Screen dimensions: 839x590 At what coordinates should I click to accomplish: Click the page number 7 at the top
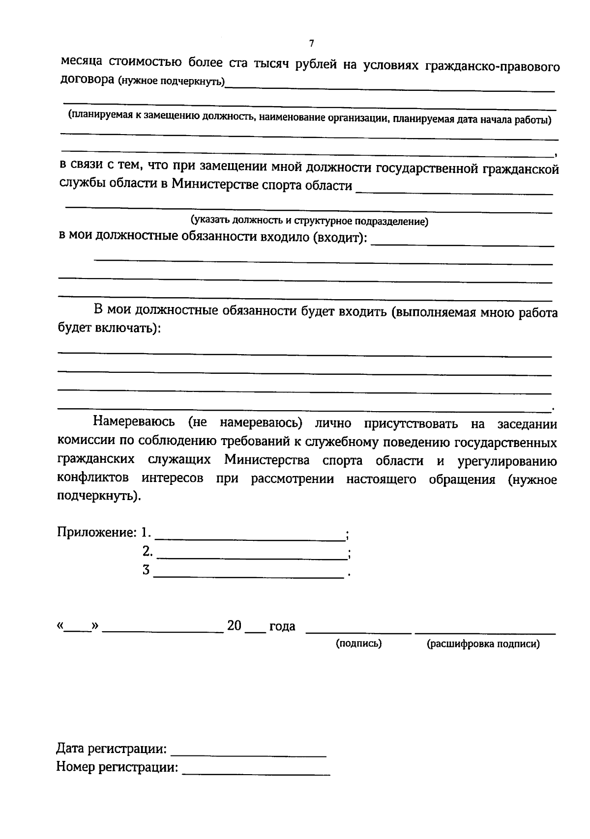[x=311, y=43]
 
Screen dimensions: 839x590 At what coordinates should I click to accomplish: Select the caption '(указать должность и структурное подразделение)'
[x=309, y=221]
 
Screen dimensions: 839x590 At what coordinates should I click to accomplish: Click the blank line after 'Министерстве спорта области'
[x=454, y=193]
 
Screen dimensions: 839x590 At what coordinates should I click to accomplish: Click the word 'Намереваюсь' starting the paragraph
[x=134, y=422]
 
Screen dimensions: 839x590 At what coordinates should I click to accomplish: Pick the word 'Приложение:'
[x=97, y=532]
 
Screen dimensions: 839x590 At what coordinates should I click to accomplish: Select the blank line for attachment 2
[x=251, y=558]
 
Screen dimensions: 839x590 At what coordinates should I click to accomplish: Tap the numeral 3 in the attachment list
[x=146, y=570]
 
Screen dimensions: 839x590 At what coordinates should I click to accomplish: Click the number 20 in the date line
[x=235, y=626]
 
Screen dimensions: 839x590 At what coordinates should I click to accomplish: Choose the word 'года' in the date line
[x=282, y=627]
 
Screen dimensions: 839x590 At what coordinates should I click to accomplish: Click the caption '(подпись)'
[x=358, y=643]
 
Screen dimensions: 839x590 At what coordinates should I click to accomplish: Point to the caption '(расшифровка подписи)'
[x=483, y=644]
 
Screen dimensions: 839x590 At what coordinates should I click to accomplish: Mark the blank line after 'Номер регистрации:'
[x=256, y=774]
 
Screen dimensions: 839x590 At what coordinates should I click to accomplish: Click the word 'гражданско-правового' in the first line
[x=492, y=66]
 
